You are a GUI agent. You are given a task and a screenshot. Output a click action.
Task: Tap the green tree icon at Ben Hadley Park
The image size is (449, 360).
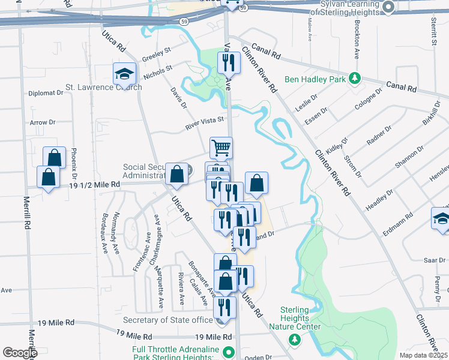tap(355, 79)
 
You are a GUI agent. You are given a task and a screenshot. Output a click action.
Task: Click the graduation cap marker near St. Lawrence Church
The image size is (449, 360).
tap(124, 74)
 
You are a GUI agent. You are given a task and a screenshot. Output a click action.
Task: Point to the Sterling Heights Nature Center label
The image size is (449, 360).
tap(295, 318)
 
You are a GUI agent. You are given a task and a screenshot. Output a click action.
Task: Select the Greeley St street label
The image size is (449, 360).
tap(157, 55)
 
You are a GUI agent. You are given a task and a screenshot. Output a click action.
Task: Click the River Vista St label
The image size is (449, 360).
tap(204, 124)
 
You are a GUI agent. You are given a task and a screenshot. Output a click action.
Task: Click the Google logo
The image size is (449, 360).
tap(20, 353)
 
